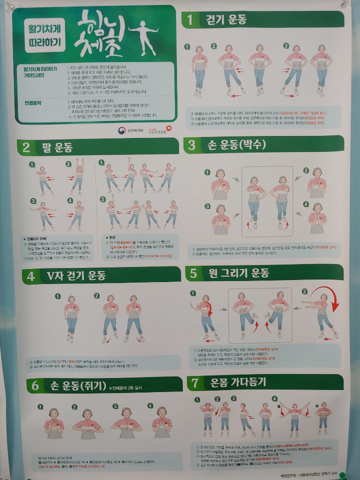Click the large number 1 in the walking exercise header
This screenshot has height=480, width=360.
[190, 20]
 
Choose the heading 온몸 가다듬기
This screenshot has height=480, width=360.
[235, 383]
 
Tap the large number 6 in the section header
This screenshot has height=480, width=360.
[34, 385]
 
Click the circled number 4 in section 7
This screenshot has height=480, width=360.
[274, 398]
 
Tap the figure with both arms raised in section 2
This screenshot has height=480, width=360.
[77, 177]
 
